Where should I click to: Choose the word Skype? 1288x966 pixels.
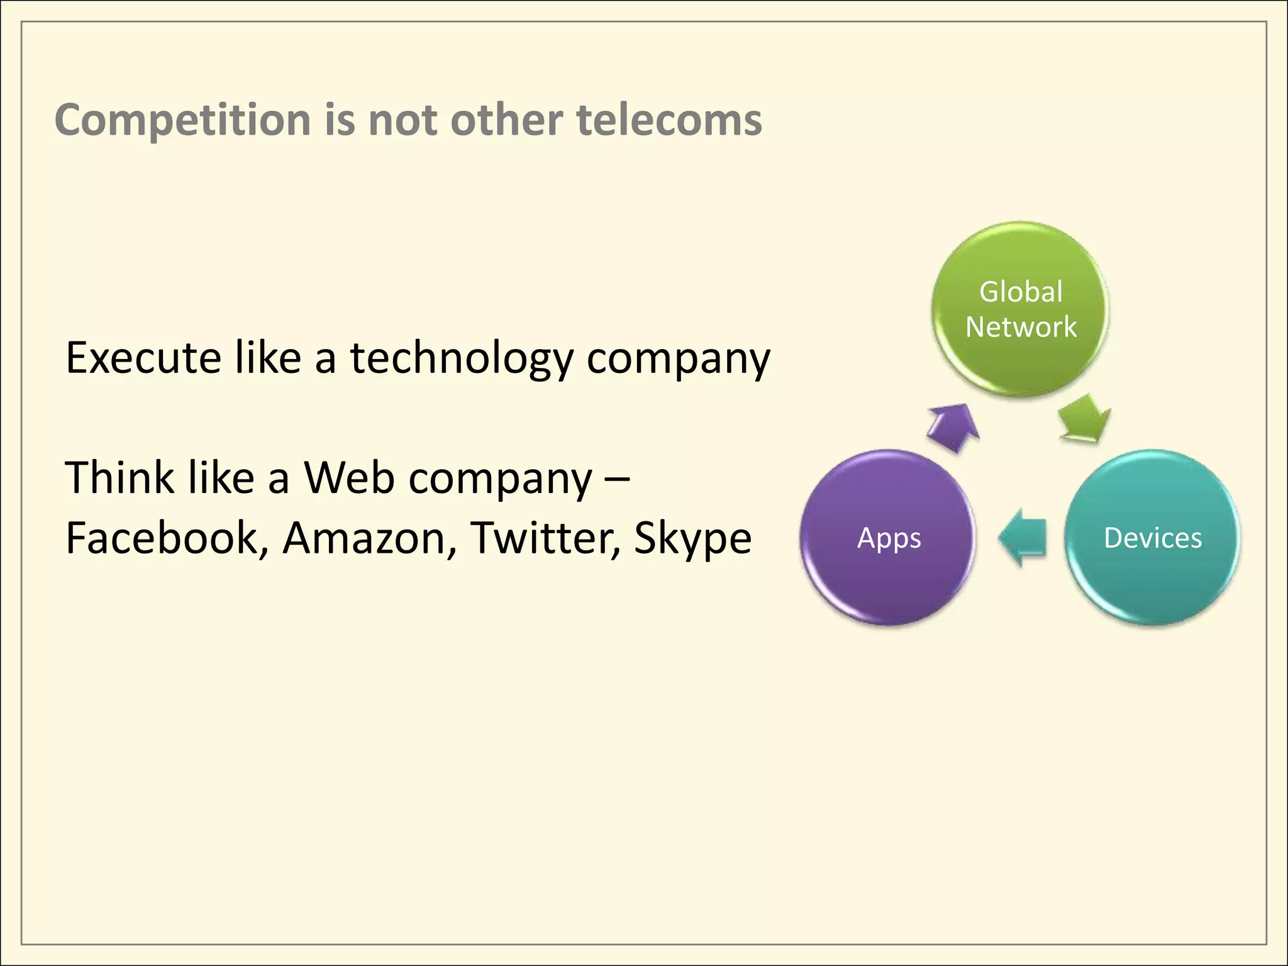692,538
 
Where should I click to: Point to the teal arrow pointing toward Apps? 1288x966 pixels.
1023,537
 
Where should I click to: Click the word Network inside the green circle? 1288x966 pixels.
1021,327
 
